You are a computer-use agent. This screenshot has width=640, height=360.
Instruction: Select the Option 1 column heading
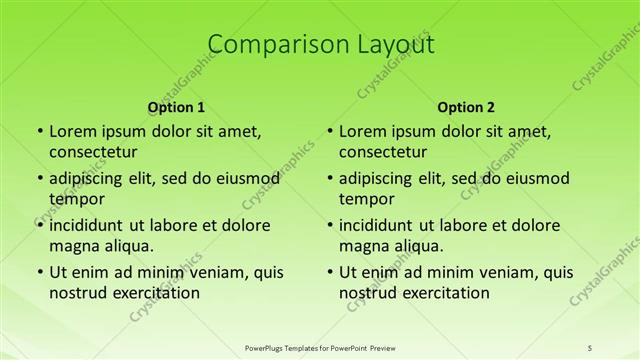176,106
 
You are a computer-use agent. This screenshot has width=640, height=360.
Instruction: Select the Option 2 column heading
466,106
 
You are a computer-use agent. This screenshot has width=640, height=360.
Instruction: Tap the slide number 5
591,347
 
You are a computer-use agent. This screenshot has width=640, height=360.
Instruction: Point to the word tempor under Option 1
76,199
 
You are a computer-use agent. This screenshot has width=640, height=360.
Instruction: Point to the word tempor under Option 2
366,199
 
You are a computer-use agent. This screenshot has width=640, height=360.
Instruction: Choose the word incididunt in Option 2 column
384,225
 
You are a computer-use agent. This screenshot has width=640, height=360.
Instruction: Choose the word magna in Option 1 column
74,245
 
